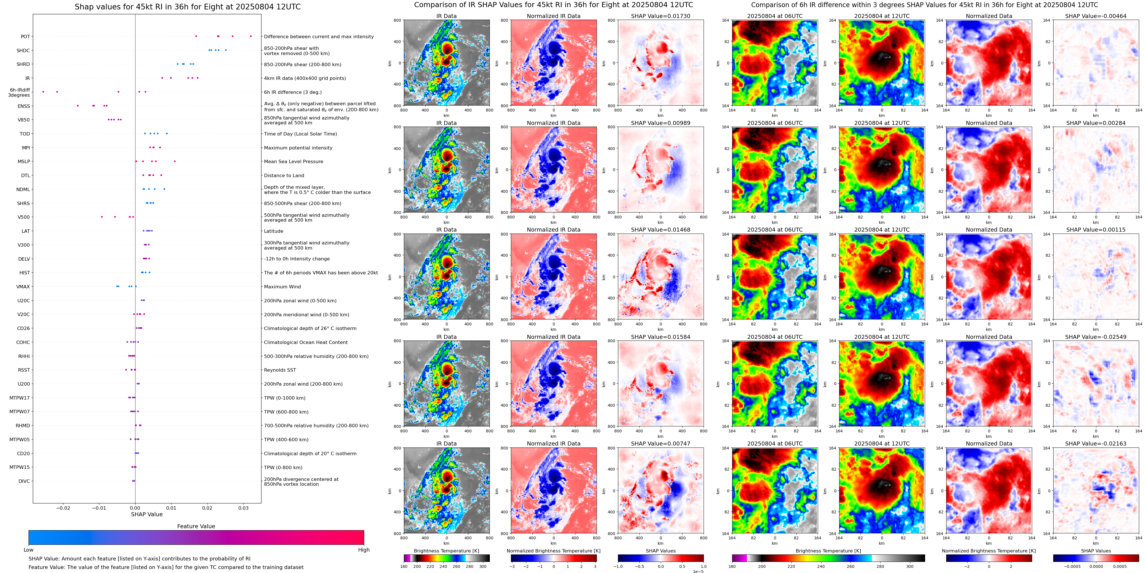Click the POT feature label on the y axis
point(25,37)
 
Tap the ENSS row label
point(24,106)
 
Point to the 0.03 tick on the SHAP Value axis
point(243,508)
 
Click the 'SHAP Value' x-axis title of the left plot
point(146,514)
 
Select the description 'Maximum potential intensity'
point(298,148)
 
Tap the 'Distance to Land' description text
point(284,176)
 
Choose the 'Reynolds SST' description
point(280,370)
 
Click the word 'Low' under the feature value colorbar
point(29,550)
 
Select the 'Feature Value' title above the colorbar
point(196,526)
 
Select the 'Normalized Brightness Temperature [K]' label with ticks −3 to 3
point(553,551)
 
